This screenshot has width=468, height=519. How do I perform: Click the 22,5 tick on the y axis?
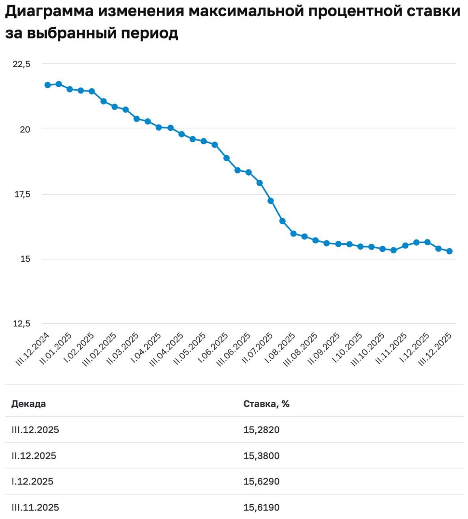[x=22, y=64]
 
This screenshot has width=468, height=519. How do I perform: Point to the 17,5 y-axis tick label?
[x=22, y=194]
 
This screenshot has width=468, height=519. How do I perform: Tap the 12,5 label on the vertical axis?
[x=22, y=324]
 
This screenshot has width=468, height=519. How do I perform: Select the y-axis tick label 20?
[x=25, y=129]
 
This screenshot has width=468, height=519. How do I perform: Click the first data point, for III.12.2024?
[x=47, y=85]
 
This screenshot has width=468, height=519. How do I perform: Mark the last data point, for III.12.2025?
[x=449, y=251]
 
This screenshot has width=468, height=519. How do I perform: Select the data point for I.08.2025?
[x=282, y=221]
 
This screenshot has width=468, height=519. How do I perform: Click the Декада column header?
[x=28, y=404]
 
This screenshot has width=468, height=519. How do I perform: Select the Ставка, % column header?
[x=266, y=404]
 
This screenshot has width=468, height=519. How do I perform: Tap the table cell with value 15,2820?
[x=261, y=430]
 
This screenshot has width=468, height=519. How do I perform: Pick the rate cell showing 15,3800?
[x=261, y=456]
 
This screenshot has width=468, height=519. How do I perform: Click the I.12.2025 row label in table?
[x=32, y=481]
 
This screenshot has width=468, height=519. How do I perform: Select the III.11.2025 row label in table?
[x=35, y=507]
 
